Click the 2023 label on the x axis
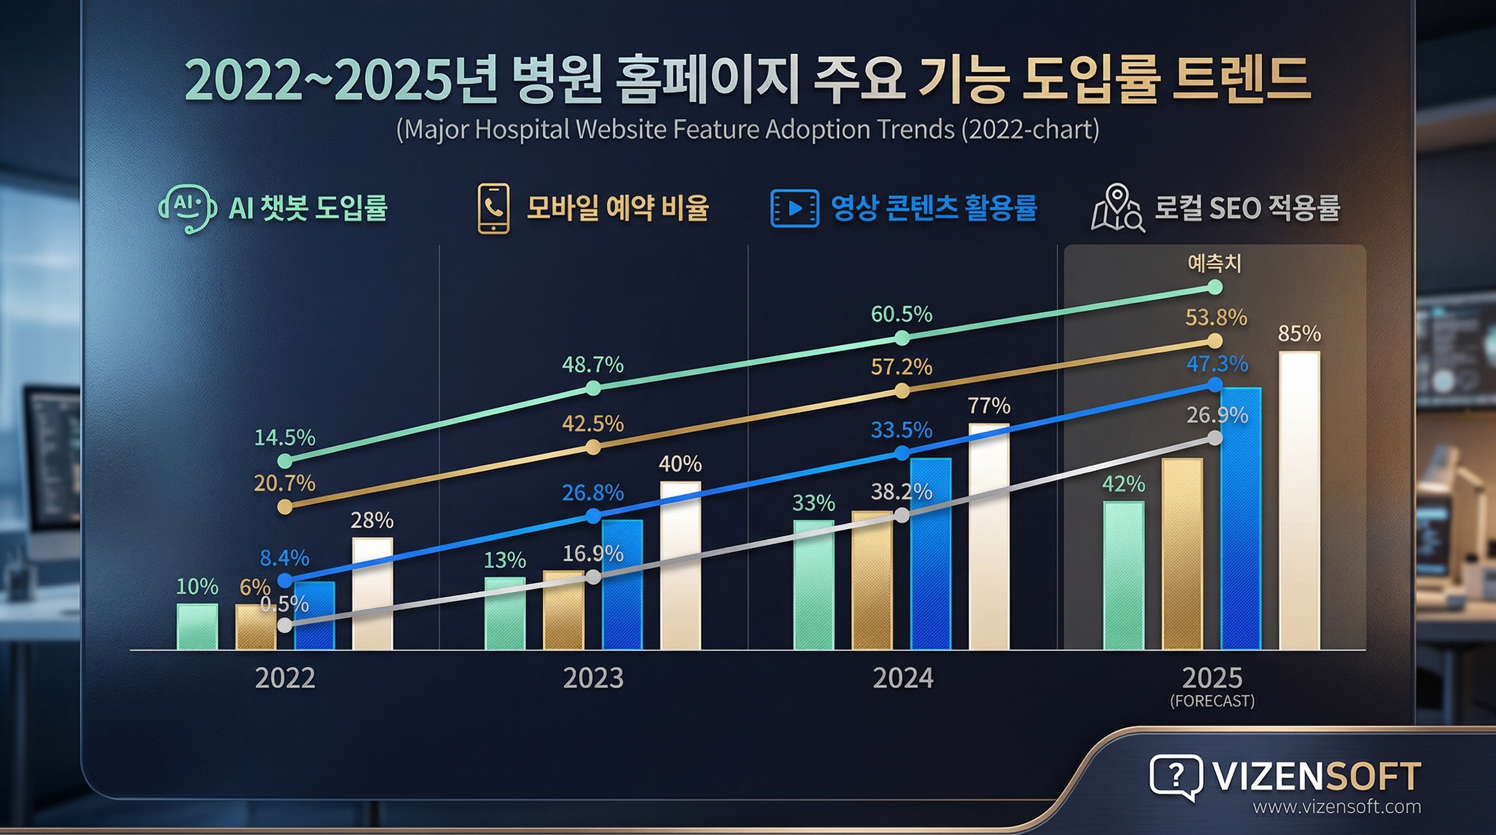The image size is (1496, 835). (593, 678)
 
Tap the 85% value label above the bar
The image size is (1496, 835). (1299, 334)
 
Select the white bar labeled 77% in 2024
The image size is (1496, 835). (989, 537)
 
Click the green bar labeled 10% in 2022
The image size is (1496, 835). (197, 627)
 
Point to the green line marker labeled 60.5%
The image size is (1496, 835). (902, 338)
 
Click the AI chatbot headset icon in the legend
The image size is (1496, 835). (188, 208)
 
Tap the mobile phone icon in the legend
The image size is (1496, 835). (494, 208)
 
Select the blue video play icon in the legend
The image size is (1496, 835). (794, 208)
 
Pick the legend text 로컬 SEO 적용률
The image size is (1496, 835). (1247, 208)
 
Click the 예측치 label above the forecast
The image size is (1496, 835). (1214, 264)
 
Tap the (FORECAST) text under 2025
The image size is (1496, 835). (1213, 701)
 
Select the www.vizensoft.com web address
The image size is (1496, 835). (1337, 807)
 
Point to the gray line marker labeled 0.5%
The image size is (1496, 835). (284, 625)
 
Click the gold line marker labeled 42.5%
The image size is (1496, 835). (593, 447)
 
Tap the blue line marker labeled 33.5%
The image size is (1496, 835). (902, 453)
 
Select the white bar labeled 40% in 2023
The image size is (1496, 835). (681, 565)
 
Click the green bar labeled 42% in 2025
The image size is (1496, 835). (1124, 576)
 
